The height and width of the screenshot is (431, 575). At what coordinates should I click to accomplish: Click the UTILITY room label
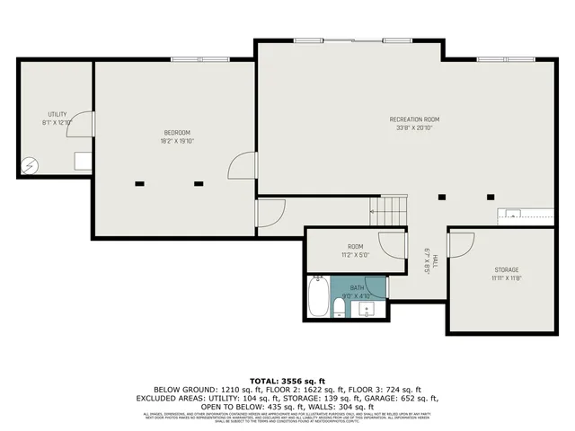click(x=57, y=114)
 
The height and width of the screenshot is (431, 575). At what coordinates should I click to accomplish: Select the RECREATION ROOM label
click(x=414, y=119)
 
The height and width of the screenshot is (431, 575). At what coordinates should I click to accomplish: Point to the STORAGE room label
click(x=506, y=269)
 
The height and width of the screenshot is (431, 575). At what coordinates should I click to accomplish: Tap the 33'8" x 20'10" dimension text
click(x=414, y=128)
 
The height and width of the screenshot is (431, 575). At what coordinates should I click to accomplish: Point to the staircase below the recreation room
click(x=389, y=212)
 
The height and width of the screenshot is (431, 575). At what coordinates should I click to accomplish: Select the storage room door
click(x=460, y=244)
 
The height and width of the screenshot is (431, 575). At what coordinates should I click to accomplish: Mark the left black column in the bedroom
click(x=139, y=184)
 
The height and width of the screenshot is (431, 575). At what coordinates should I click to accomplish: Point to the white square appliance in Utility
click(x=82, y=161)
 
